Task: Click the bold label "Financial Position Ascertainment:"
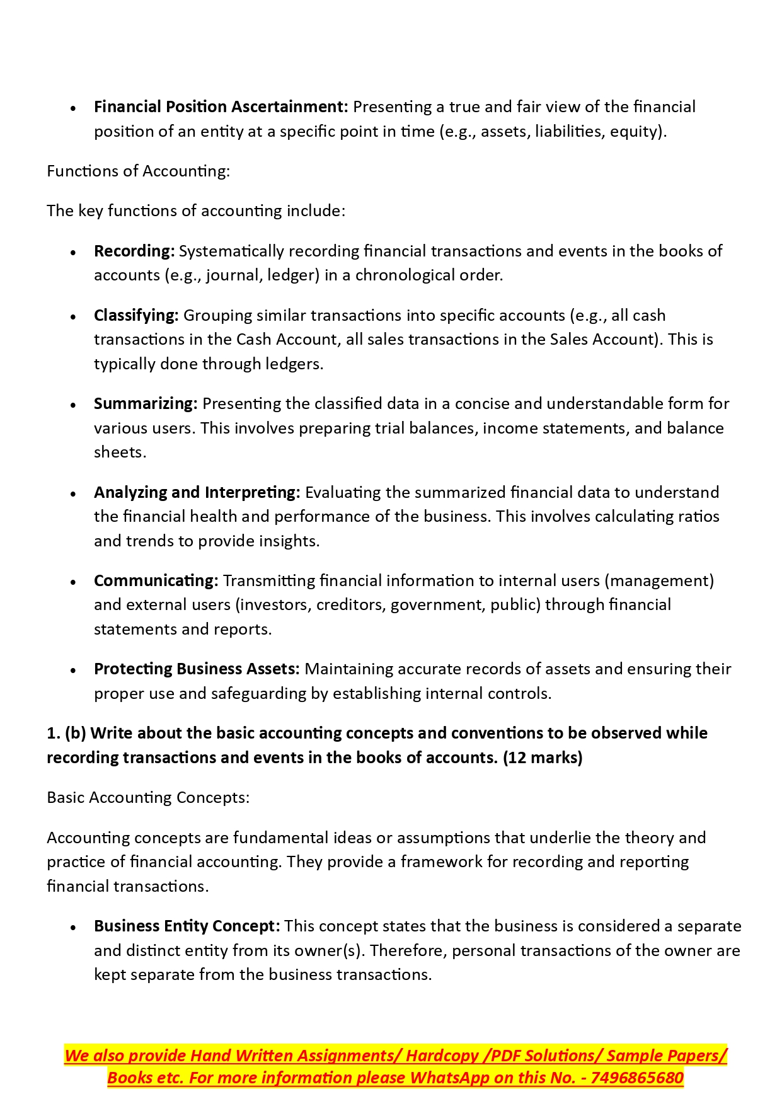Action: click(221, 107)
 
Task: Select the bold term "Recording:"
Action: click(134, 251)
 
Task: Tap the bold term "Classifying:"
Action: click(136, 316)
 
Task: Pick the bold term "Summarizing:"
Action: click(146, 404)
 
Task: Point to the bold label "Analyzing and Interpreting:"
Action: click(197, 493)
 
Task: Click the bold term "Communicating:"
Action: click(156, 581)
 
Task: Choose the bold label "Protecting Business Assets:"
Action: click(197, 669)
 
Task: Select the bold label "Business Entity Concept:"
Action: click(187, 926)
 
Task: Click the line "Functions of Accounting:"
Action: click(138, 171)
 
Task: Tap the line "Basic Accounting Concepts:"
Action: click(148, 798)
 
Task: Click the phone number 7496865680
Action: click(637, 1078)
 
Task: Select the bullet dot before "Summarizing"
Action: click(74, 405)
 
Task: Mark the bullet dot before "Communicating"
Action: click(74, 582)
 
